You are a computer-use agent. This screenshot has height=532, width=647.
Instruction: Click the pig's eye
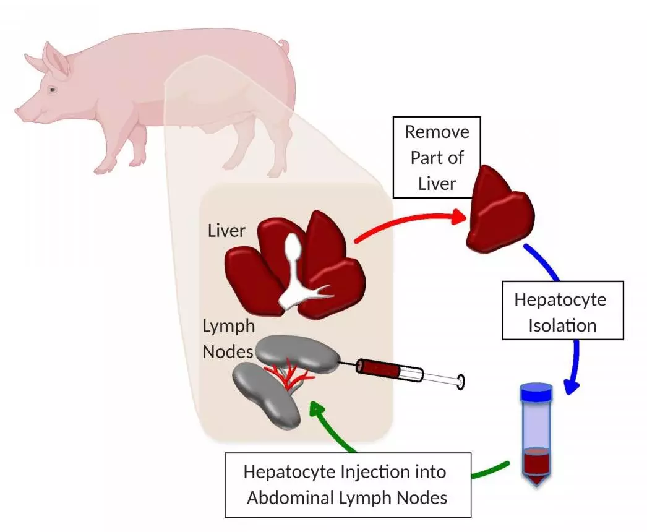click(x=53, y=90)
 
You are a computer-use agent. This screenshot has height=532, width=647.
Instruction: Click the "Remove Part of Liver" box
click(x=437, y=157)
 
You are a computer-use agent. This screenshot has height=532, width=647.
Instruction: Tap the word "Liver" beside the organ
click(x=226, y=231)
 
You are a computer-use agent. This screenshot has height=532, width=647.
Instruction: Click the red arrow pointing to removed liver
click(x=408, y=221)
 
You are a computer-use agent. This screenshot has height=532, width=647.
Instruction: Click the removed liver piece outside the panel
click(x=501, y=210)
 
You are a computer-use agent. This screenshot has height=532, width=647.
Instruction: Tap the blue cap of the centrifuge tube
click(x=536, y=391)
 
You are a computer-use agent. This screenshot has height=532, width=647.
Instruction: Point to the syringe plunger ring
click(x=460, y=382)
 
